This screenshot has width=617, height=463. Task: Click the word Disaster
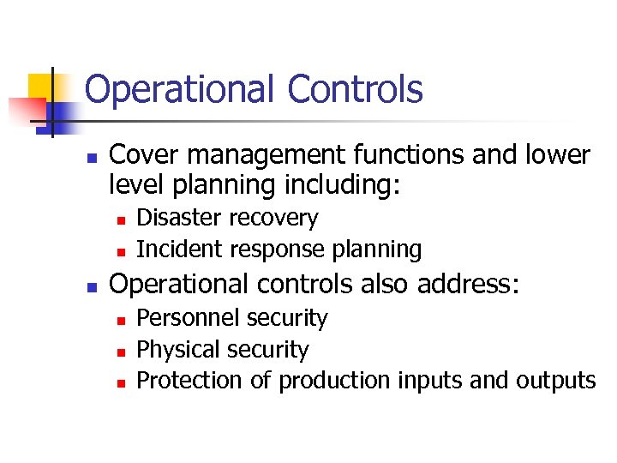click(177, 218)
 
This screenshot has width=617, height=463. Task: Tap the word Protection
click(190, 380)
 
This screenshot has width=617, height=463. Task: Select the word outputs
click(556, 381)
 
